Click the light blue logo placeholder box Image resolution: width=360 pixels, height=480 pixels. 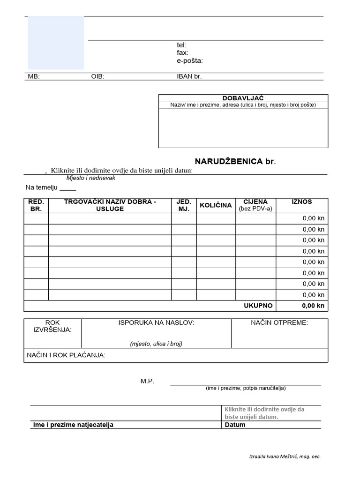click(56, 43)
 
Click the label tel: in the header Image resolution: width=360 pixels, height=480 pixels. click(181, 45)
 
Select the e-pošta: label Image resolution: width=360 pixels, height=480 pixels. click(189, 60)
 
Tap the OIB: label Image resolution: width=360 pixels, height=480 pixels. click(97, 76)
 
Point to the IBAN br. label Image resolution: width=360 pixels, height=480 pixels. click(189, 76)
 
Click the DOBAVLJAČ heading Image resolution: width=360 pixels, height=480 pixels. click(243, 98)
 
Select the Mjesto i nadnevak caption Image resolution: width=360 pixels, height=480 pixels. click(90, 178)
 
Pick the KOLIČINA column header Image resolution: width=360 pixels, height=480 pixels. click(216, 205)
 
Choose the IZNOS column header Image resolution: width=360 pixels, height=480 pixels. click(301, 202)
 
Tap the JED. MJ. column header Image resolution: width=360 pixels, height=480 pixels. click(184, 205)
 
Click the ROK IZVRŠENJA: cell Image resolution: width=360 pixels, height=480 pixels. click(52, 326)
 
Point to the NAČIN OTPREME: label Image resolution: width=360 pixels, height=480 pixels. click(279, 323)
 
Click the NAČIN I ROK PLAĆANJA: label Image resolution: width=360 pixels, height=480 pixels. click(66, 355)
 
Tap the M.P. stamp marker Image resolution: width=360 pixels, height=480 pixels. click(147, 381)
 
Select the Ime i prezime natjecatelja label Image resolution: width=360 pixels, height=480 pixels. click(73, 425)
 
